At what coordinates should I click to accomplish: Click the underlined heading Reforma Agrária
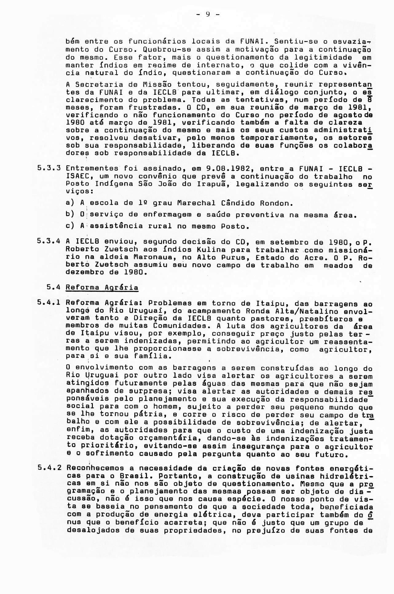(102, 287)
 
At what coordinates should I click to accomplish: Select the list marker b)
(70, 215)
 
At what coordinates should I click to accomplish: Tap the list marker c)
(70, 226)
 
